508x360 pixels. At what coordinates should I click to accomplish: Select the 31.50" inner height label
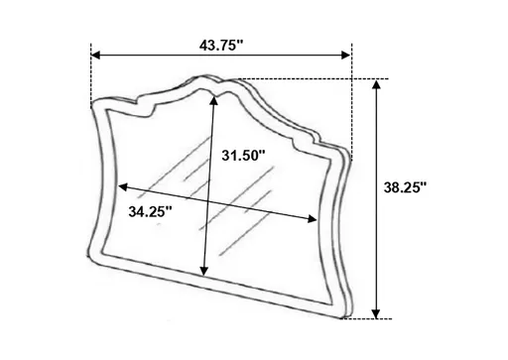(244, 156)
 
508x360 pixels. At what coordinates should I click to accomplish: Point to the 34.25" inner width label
(151, 210)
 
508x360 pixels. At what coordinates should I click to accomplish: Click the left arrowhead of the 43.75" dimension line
(94, 54)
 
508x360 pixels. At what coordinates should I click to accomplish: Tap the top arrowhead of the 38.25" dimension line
(377, 84)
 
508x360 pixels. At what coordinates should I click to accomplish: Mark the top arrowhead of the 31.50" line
(215, 101)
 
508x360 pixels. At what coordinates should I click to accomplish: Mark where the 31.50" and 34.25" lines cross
(209, 204)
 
